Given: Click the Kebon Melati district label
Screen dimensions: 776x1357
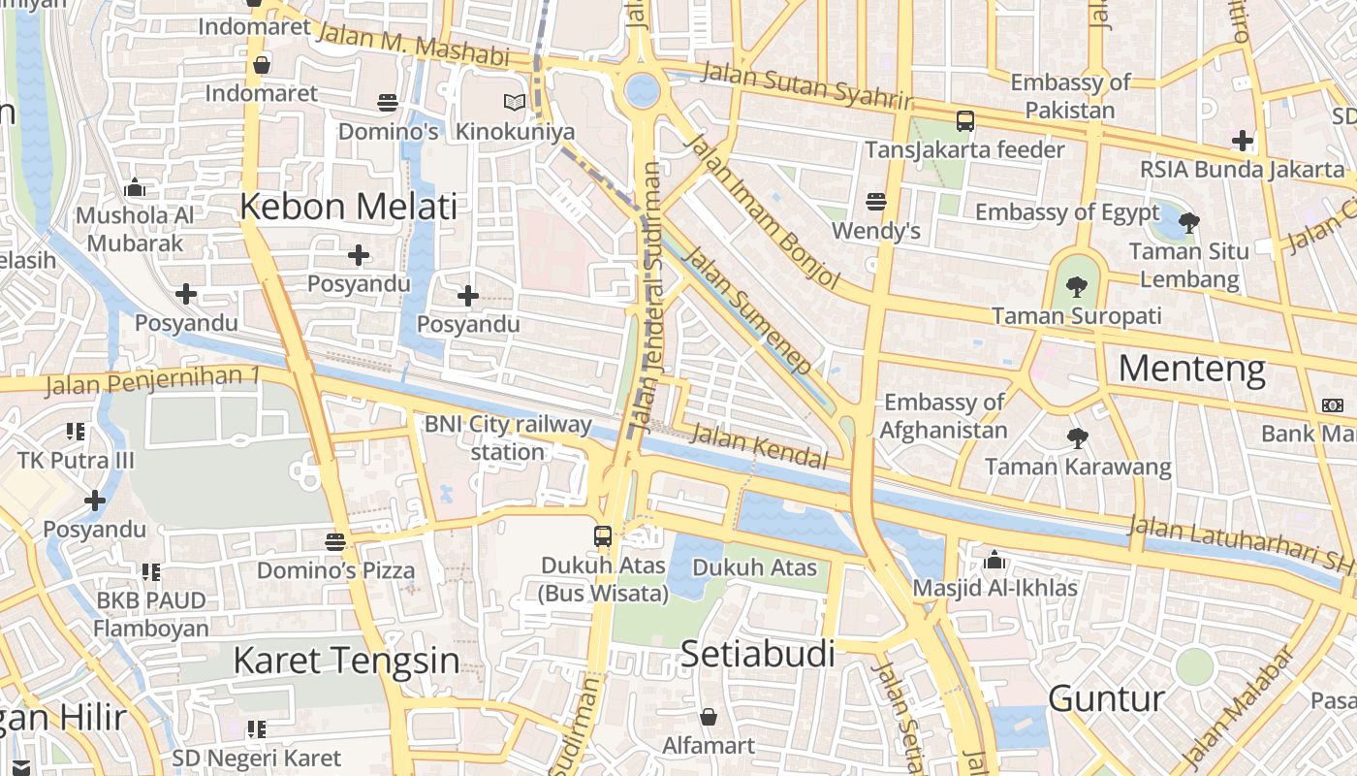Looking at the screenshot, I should [x=348, y=207].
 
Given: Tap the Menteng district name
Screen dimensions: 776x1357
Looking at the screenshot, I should [x=1191, y=370].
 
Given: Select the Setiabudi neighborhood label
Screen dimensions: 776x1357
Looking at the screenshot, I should [x=757, y=654].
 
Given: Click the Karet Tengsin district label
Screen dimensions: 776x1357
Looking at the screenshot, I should [x=346, y=661].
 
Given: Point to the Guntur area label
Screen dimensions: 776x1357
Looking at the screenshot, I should [x=1106, y=698].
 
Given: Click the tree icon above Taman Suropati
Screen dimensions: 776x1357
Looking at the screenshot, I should [x=1076, y=286].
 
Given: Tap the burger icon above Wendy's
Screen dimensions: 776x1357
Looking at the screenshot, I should [x=876, y=202].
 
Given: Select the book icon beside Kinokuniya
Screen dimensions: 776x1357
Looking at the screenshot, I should [x=514, y=102].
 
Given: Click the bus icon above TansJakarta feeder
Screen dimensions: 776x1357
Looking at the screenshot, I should [x=964, y=121].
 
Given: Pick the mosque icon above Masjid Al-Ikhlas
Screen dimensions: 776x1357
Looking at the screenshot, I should [x=994, y=560].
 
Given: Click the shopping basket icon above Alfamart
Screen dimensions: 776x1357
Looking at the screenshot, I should [x=709, y=717].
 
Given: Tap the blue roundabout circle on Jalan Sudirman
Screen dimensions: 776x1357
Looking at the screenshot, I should [x=642, y=91].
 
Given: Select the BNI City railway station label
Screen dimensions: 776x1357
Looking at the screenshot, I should [x=508, y=437].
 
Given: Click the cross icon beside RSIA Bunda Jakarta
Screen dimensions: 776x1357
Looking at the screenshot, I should [x=1243, y=141].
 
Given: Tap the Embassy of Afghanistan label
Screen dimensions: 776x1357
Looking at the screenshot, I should [x=944, y=416].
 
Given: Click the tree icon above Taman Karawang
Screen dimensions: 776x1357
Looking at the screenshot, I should [x=1077, y=438].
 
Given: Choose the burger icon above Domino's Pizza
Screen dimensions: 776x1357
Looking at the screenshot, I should [x=335, y=541].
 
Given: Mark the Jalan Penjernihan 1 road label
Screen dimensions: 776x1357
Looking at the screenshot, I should [x=153, y=380].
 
